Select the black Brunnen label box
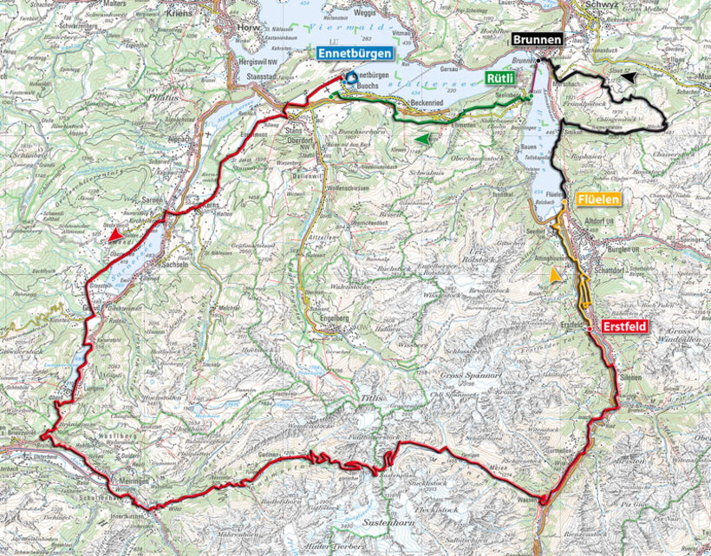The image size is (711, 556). click(537, 40)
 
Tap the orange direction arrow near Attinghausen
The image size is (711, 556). click(554, 275)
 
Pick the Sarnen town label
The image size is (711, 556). click(153, 200)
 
